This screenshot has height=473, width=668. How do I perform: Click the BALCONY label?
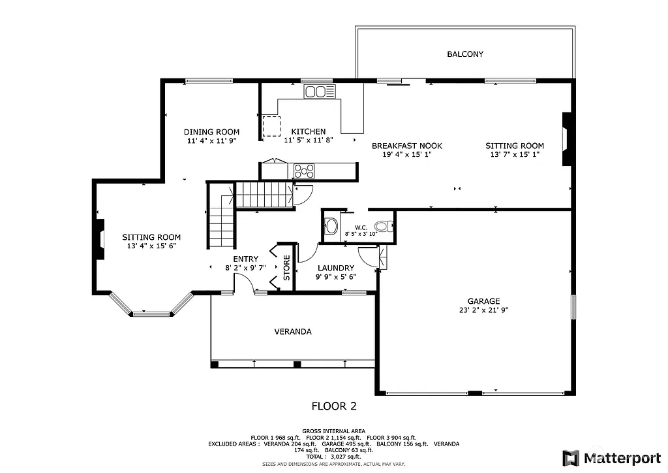click(x=464, y=54)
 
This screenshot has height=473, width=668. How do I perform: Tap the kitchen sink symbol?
click(x=319, y=91)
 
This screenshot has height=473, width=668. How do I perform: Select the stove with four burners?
click(x=304, y=171)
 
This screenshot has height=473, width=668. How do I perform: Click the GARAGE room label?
click(x=483, y=301)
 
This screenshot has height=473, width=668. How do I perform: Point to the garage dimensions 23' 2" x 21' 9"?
click(x=483, y=311)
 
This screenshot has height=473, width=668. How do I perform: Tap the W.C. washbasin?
click(x=331, y=227)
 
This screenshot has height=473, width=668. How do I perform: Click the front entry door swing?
click(x=243, y=283)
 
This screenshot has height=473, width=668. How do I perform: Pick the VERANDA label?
click(x=293, y=332)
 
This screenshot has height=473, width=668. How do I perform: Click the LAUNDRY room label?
click(x=336, y=268)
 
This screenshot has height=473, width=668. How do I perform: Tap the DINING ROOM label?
click(x=211, y=132)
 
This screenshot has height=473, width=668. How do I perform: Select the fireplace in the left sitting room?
click(x=100, y=239)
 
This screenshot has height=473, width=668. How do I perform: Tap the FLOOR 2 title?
click(x=333, y=406)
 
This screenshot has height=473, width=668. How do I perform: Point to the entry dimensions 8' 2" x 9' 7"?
click(x=245, y=268)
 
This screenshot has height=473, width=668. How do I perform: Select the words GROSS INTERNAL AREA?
click(x=333, y=431)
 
